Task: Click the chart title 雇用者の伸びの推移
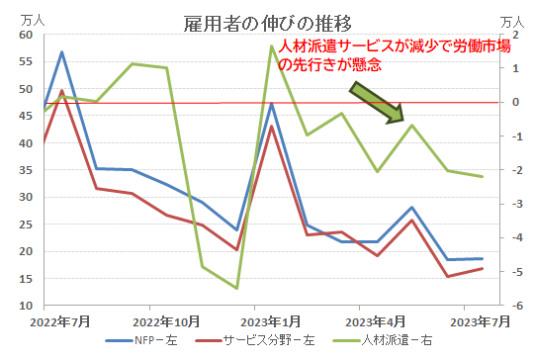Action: point(267,21)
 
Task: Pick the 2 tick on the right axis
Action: point(505,35)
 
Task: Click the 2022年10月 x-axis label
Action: point(167,322)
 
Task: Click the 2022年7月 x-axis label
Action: point(61,322)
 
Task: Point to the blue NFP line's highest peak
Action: point(62,51)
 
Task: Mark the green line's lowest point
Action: point(236,288)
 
